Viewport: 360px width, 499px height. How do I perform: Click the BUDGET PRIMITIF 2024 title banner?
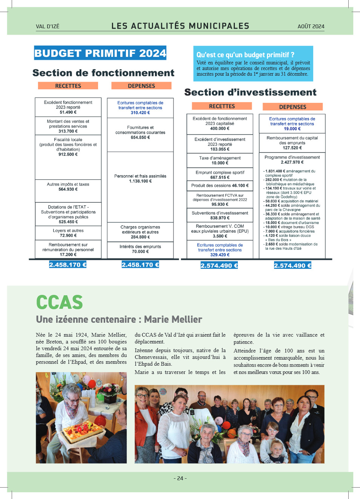coord(100,53)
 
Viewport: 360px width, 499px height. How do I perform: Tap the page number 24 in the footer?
coord(180,478)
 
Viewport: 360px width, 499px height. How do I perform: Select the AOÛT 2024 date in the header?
coord(311,26)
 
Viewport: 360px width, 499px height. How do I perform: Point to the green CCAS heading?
coord(60,302)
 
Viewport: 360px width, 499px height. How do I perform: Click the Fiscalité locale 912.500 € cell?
coord(68,147)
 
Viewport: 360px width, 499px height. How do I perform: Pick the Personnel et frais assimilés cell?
coord(140,179)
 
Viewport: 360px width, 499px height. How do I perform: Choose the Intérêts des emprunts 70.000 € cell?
coord(140,249)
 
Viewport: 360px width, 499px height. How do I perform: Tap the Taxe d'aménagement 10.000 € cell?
coord(220,160)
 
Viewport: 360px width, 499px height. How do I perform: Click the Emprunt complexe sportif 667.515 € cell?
coord(220,175)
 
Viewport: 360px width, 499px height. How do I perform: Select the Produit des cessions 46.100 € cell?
coord(220,186)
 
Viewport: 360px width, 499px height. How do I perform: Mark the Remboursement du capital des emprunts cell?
coord(292,143)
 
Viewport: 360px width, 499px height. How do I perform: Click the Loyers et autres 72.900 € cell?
coord(68,233)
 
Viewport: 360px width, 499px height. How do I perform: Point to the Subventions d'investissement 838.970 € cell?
coord(220,215)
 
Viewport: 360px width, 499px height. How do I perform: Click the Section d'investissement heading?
coord(250,92)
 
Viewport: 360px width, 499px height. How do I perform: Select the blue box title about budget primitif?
coord(245,55)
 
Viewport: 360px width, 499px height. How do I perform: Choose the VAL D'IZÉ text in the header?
coord(47,26)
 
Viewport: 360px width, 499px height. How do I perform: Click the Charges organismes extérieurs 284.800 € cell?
coord(140,232)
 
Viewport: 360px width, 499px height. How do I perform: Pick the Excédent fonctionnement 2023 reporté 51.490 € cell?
coord(68,107)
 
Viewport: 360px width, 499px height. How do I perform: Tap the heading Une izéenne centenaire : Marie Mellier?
coord(119,319)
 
